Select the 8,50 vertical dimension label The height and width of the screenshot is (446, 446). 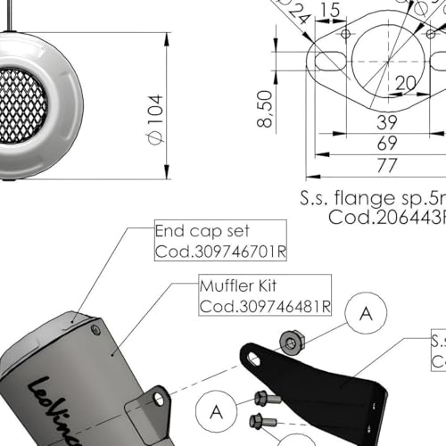(x=265, y=108)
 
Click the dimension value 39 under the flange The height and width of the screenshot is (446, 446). (x=386, y=122)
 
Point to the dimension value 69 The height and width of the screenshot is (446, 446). (x=386, y=143)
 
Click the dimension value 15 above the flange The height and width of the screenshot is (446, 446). (x=330, y=10)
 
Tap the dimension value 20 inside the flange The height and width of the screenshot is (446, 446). (x=407, y=82)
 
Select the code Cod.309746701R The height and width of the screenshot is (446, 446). (x=219, y=251)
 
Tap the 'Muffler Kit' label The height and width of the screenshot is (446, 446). (x=240, y=287)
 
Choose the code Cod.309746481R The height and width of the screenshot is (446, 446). (x=264, y=306)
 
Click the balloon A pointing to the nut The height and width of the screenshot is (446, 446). (x=366, y=313)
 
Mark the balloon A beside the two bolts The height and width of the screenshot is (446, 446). (x=216, y=411)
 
